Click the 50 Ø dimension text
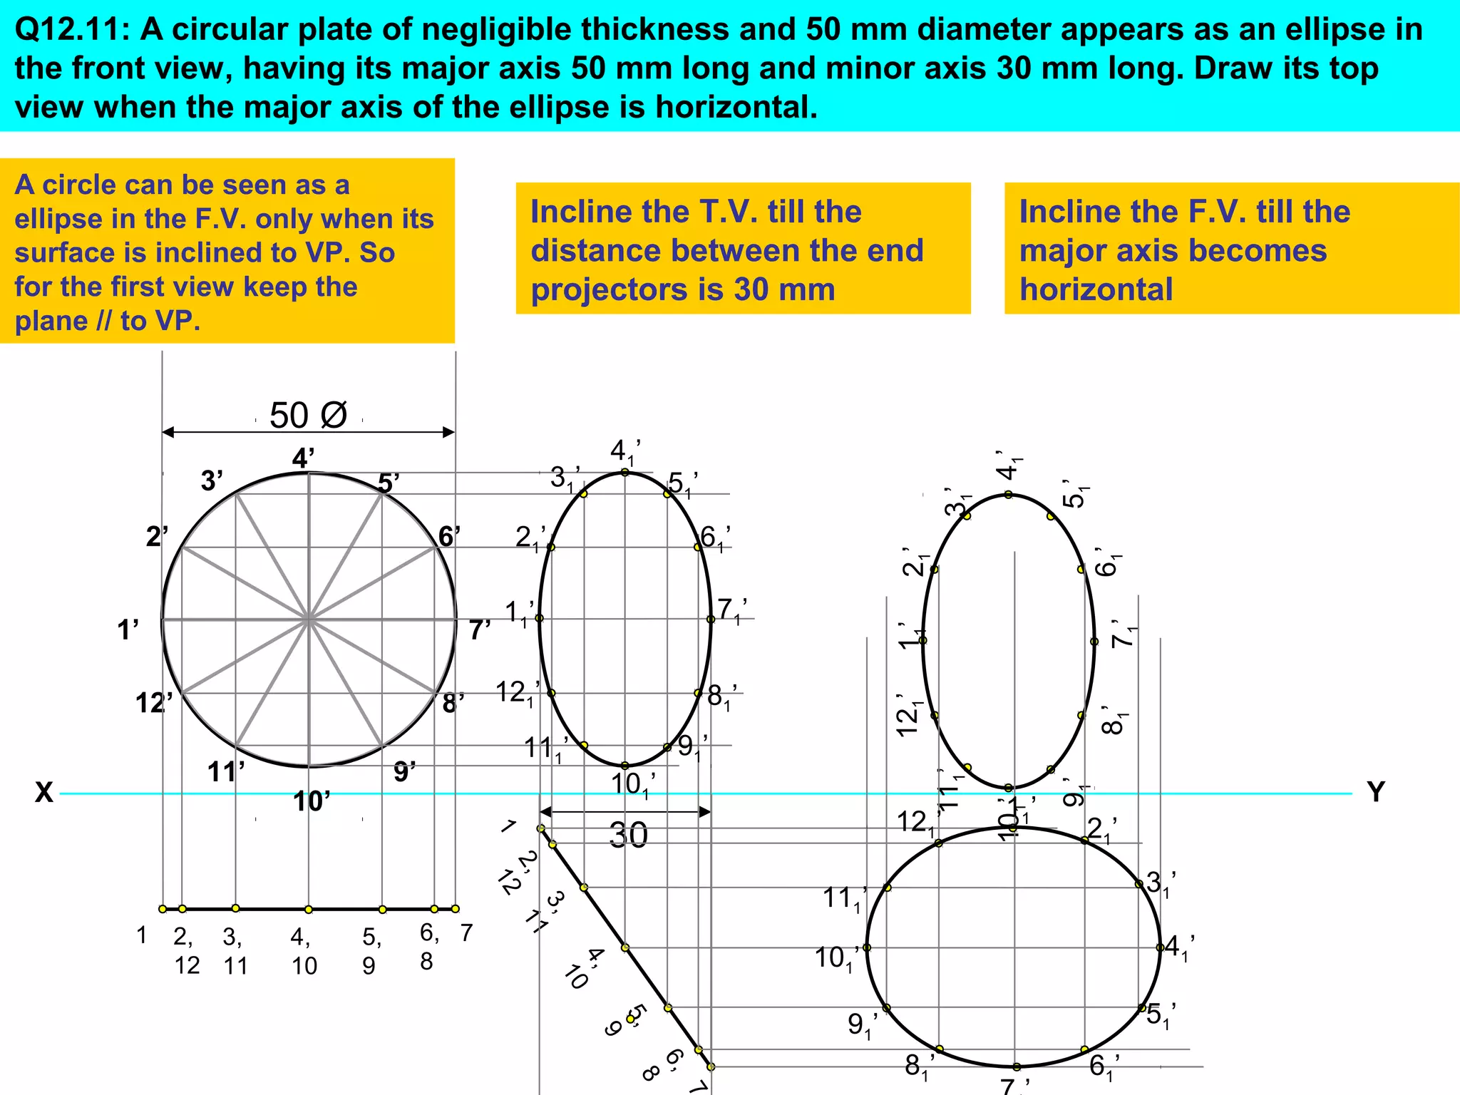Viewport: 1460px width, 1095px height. click(308, 416)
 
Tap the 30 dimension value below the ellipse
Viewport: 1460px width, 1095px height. click(628, 835)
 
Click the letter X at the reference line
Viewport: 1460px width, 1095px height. click(44, 792)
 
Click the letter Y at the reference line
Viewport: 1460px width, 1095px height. click(1375, 792)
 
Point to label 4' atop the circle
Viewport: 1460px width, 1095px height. click(303, 458)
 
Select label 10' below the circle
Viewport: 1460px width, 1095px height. click(312, 802)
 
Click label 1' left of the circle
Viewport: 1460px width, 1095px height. click(128, 630)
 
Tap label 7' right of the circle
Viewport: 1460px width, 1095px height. click(480, 630)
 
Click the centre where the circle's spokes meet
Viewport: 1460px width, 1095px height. click(309, 620)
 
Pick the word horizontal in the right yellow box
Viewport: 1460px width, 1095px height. click(1096, 289)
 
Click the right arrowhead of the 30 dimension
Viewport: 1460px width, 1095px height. click(705, 812)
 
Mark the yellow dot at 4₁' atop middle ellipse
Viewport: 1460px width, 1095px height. click(624, 472)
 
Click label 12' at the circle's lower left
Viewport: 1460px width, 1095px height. click(153, 704)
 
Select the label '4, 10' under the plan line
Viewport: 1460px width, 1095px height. click(304, 951)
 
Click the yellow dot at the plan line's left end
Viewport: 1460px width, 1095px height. click(163, 909)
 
